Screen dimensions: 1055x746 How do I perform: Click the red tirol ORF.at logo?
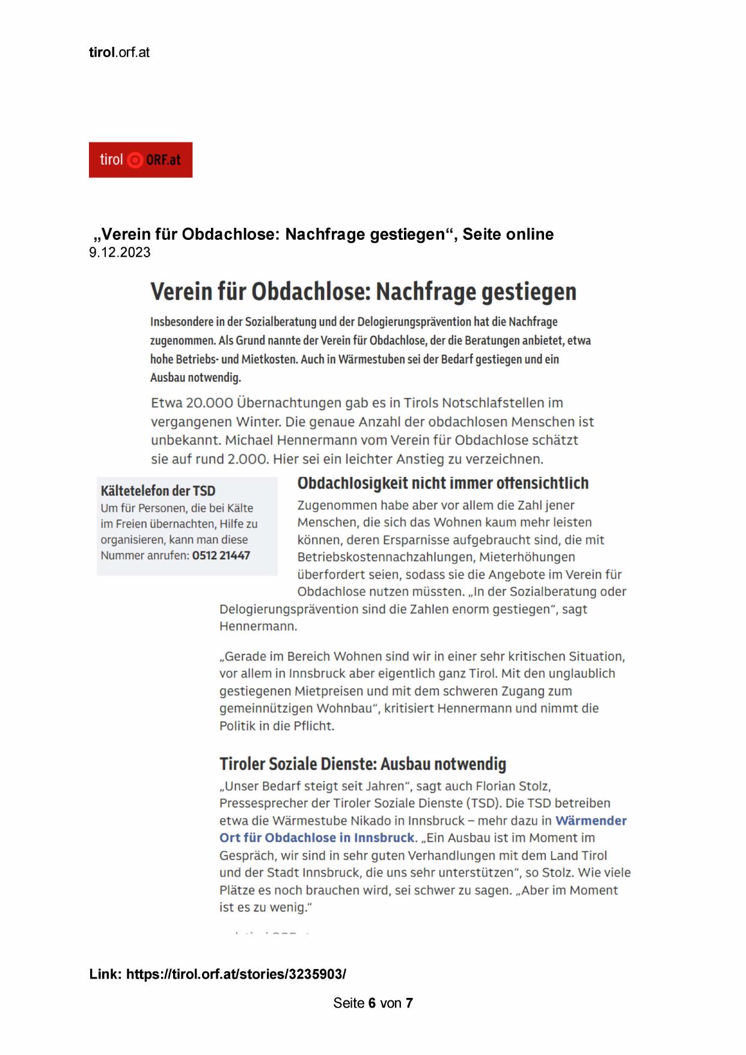[x=140, y=160]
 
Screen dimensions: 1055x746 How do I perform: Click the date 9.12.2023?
[x=120, y=252]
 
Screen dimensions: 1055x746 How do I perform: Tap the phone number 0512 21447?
[x=221, y=555]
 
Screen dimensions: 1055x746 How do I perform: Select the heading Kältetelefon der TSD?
[x=158, y=491]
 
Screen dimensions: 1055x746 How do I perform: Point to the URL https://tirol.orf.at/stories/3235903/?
[x=236, y=974]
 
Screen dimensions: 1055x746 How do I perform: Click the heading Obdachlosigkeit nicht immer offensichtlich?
[x=443, y=483]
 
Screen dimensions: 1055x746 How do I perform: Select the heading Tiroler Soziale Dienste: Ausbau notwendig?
[x=362, y=764]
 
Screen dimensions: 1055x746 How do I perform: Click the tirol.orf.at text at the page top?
[x=119, y=52]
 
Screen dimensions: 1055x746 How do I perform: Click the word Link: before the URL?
[x=106, y=974]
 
